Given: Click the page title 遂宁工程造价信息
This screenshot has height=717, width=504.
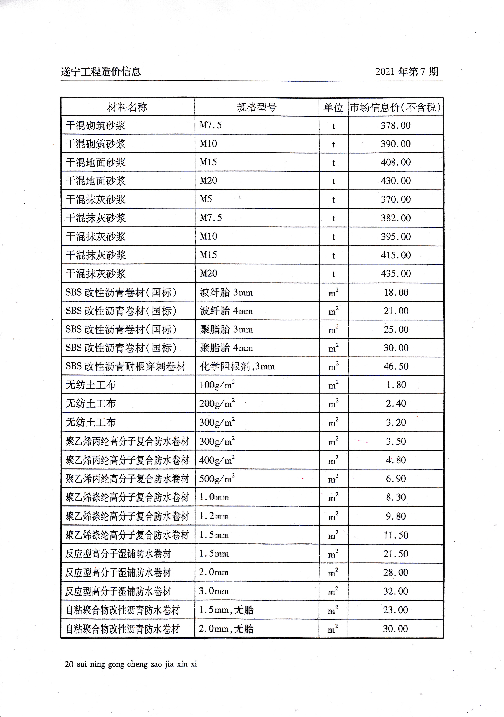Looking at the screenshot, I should (x=101, y=72).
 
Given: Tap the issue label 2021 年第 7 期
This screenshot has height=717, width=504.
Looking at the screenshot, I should (x=406, y=72).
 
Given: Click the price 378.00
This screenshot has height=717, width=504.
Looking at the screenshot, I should (x=395, y=125).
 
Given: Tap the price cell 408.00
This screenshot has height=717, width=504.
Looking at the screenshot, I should (x=395, y=162).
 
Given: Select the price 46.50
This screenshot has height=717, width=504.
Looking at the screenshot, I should (x=396, y=366).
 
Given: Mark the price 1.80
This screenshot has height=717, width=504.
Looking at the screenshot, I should (x=396, y=385).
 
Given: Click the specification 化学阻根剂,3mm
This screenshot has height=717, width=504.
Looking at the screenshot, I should (x=237, y=366).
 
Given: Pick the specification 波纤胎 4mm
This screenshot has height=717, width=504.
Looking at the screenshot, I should (x=226, y=311).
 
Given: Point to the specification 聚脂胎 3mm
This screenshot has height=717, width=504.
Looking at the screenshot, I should (x=226, y=329).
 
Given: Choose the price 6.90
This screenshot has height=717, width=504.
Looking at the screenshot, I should (x=396, y=479).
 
